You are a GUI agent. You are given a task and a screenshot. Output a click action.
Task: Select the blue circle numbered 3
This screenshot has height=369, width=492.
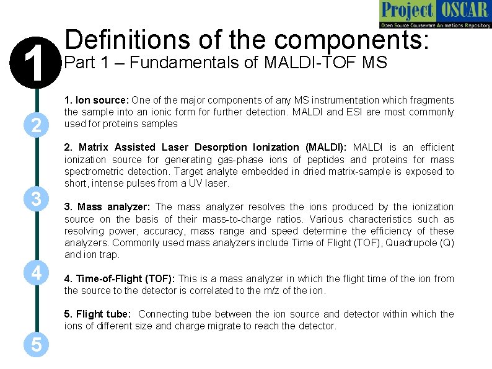37,199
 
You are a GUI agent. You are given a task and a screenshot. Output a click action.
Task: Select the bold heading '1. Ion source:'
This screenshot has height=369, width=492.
94,100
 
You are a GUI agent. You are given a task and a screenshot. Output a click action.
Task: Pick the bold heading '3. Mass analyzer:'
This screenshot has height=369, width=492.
108,207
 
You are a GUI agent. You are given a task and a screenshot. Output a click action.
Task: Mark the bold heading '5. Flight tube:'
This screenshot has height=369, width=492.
98,314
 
